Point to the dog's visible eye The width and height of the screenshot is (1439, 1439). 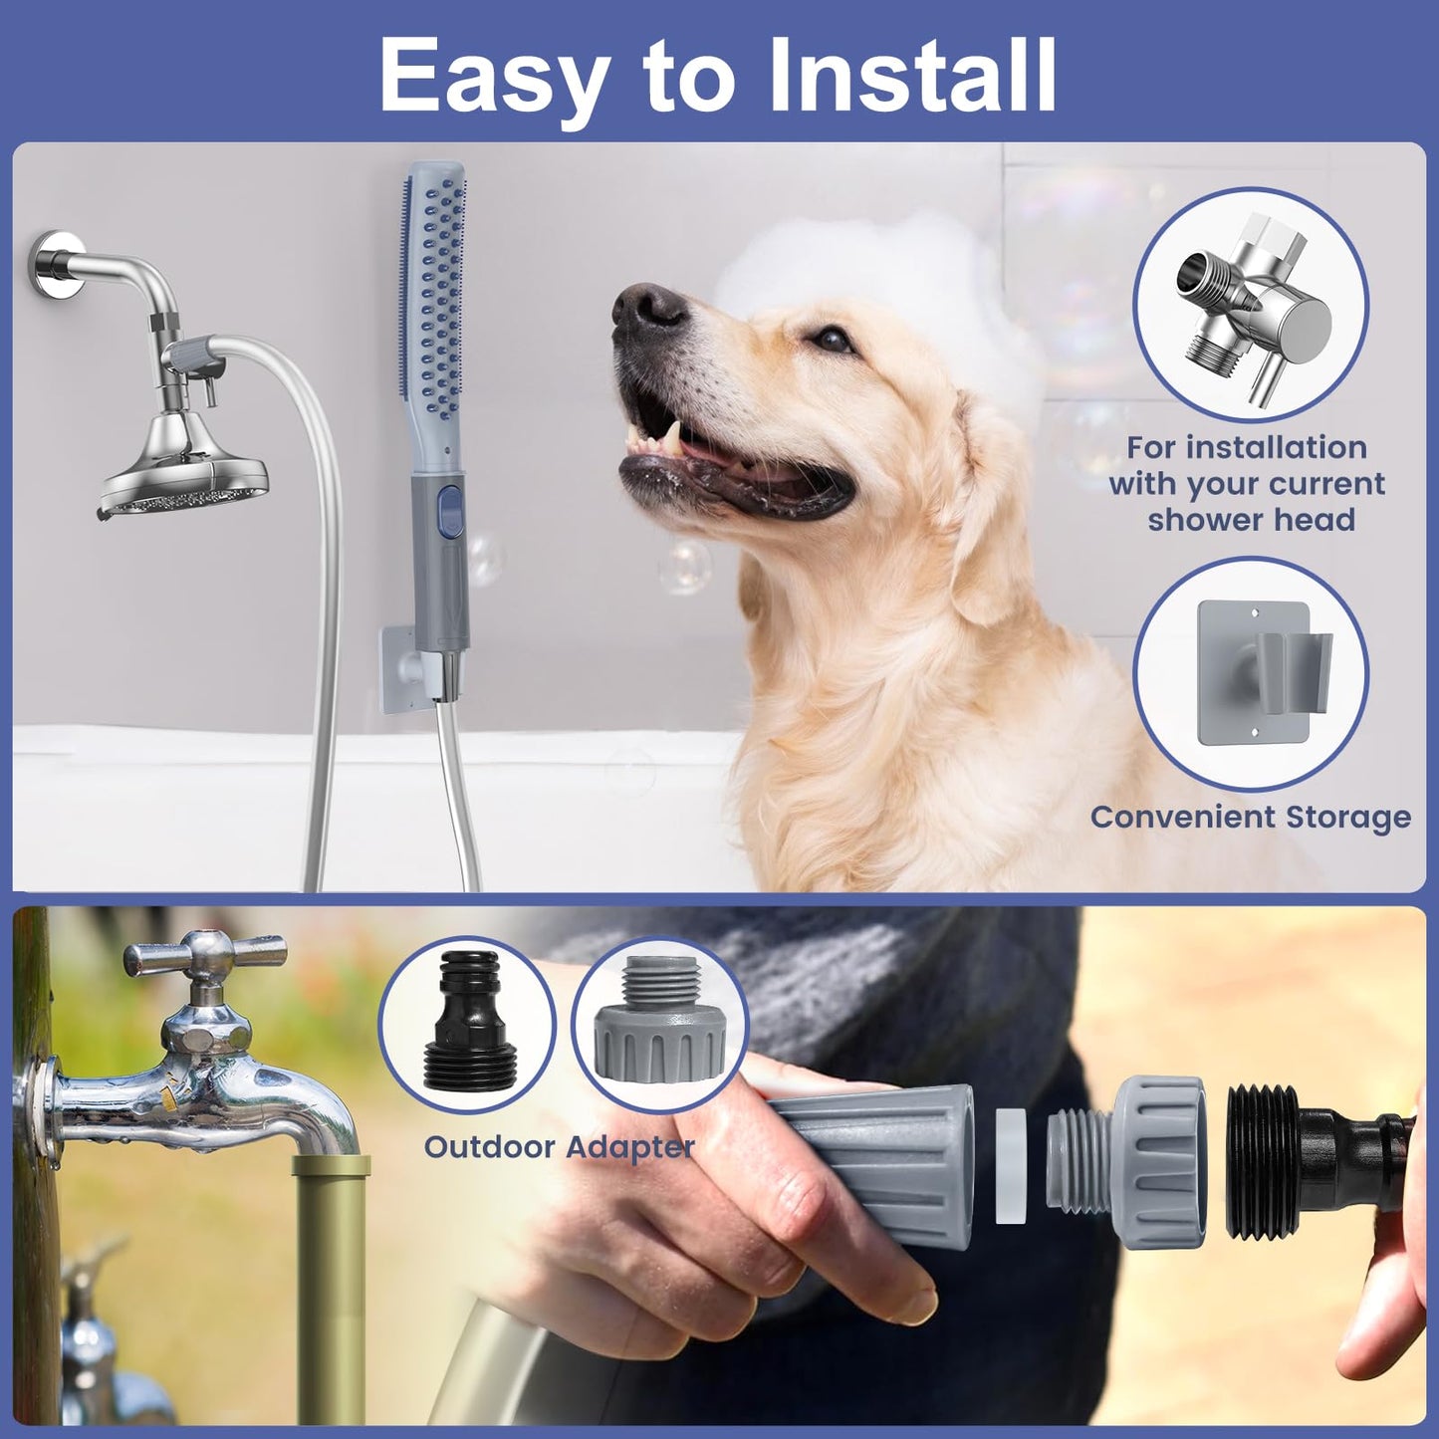point(825,339)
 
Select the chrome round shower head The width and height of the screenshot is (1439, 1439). point(184,477)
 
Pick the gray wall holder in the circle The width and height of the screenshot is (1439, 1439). point(1252,672)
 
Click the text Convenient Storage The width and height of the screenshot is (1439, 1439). point(1251,817)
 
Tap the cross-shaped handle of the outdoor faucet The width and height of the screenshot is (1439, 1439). point(203,959)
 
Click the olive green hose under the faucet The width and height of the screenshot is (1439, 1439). point(331,1285)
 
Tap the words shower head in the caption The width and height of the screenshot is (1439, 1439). point(1251,520)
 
